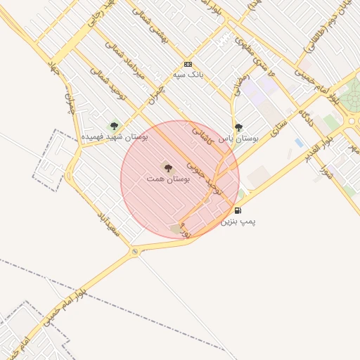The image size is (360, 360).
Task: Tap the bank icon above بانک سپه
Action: pos(187,63)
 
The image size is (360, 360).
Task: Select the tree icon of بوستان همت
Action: pos(167,167)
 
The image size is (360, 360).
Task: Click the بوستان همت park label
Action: pos(168,179)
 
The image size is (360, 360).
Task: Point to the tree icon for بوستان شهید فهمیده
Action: pos(114,126)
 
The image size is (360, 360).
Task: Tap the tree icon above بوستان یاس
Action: pos(238,127)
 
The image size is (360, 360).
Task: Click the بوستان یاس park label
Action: pos(238,139)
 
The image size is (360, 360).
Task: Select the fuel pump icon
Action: pos(238,210)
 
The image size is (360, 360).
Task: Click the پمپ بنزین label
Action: pos(238,221)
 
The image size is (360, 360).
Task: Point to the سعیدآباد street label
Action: pos(110,221)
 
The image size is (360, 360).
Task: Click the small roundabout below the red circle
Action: pos(135,251)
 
